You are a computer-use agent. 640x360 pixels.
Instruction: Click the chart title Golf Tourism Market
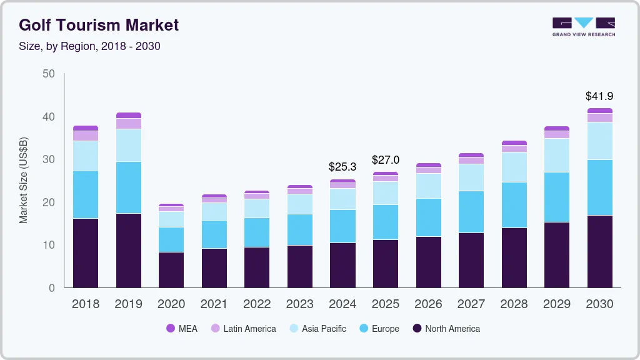pos(99,25)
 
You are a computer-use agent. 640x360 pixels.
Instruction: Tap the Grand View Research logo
pos(583,26)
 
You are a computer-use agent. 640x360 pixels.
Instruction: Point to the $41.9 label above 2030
pos(599,96)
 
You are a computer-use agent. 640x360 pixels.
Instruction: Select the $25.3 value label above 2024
pos(342,167)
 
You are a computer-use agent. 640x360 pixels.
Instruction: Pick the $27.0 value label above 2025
pos(385,160)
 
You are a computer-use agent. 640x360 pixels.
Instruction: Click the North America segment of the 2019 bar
pos(128,250)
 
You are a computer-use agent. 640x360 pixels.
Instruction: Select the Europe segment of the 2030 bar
pos(599,187)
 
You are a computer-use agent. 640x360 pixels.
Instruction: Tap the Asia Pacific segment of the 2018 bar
pos(86,156)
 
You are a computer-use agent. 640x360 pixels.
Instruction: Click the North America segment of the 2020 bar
pos(171,270)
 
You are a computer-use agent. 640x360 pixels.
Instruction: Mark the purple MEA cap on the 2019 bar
pos(128,116)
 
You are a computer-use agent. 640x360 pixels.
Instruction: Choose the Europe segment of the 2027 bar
pos(471,212)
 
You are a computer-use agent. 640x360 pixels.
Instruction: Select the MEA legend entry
pos(182,329)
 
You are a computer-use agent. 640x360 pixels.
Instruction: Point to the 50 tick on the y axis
pos(49,74)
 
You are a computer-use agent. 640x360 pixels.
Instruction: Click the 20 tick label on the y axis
pos(49,202)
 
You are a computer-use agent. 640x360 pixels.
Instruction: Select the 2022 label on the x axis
pos(257,304)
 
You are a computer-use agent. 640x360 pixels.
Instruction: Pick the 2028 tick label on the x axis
pos(514,304)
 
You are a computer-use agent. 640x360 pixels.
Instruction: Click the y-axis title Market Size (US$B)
pos(24,181)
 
